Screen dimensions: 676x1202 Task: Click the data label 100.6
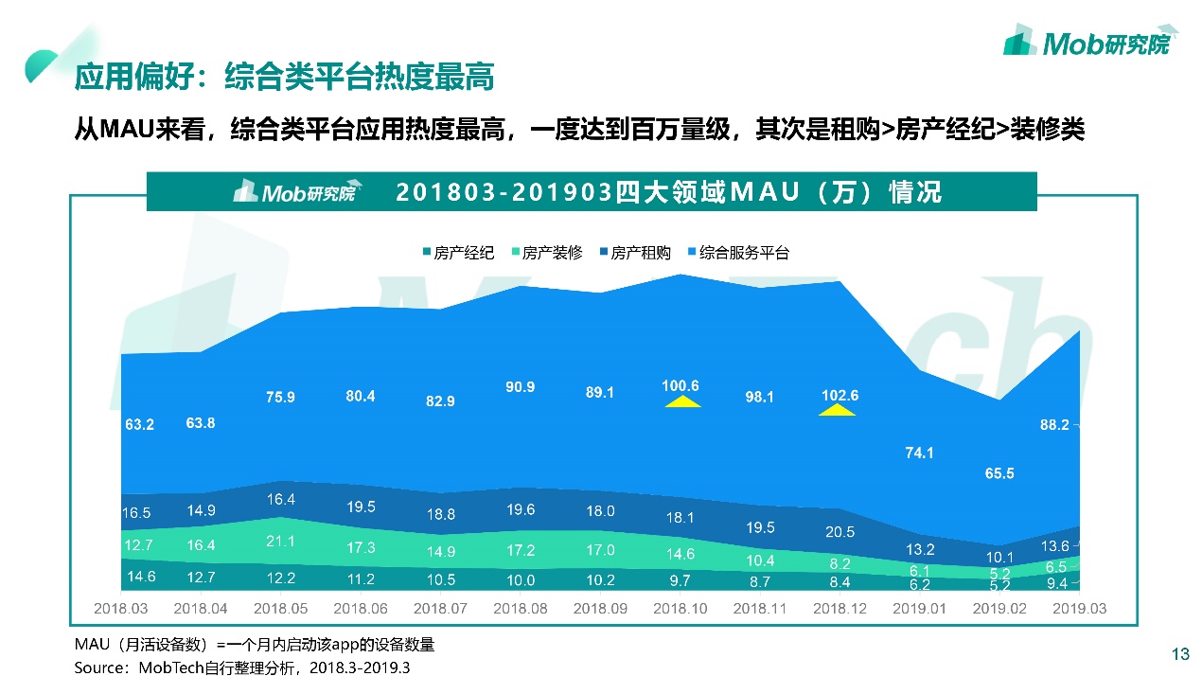(x=681, y=385)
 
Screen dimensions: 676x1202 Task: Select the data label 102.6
(x=839, y=395)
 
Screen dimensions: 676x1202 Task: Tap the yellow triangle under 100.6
(x=681, y=402)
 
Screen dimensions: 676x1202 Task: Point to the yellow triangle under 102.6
(x=838, y=410)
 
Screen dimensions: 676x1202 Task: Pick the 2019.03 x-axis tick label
(x=1080, y=608)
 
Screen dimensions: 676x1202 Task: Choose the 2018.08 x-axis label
(x=521, y=608)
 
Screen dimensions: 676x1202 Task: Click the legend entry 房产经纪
(x=459, y=253)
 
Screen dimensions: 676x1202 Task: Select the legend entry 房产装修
(x=547, y=253)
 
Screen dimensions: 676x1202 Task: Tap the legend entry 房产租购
(x=636, y=253)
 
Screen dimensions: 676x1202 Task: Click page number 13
(x=1179, y=654)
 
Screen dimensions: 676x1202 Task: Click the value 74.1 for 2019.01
(x=919, y=453)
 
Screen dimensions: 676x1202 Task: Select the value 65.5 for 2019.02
(x=999, y=472)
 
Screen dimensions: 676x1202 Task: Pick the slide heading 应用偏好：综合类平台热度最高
(x=284, y=78)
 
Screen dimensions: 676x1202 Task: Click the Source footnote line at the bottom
(x=243, y=667)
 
